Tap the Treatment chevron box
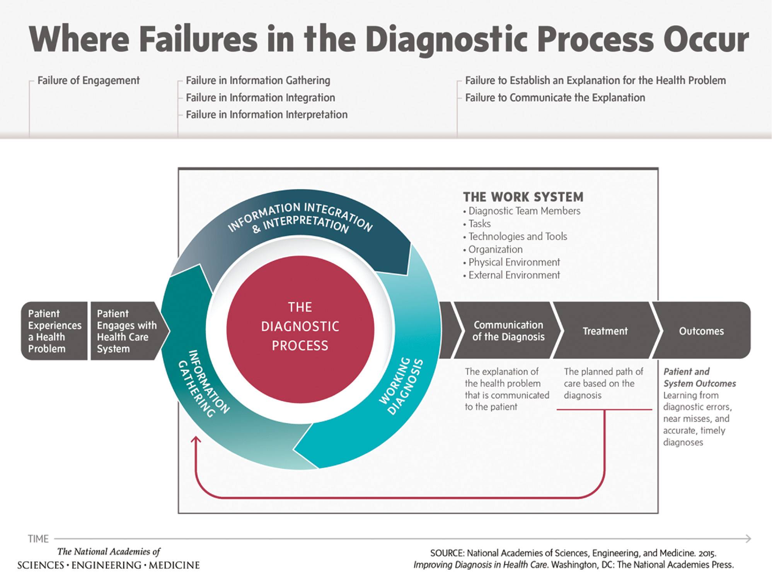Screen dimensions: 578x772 (605, 331)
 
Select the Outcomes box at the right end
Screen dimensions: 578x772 (701, 331)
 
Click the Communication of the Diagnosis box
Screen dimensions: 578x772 (508, 331)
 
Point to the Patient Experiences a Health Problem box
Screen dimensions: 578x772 (55, 331)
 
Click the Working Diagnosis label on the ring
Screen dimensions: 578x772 (401, 386)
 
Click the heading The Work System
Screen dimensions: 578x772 (523, 197)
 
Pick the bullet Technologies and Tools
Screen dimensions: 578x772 (517, 236)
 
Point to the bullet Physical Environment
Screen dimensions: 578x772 (514, 262)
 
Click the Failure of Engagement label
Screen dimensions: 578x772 (88, 80)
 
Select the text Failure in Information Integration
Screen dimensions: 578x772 (260, 98)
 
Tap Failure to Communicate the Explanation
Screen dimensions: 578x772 (555, 98)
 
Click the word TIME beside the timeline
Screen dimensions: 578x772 (38, 539)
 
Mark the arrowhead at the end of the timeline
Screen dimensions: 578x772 (748, 539)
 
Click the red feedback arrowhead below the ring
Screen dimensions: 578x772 (196, 440)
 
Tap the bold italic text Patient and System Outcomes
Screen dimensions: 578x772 (699, 378)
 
